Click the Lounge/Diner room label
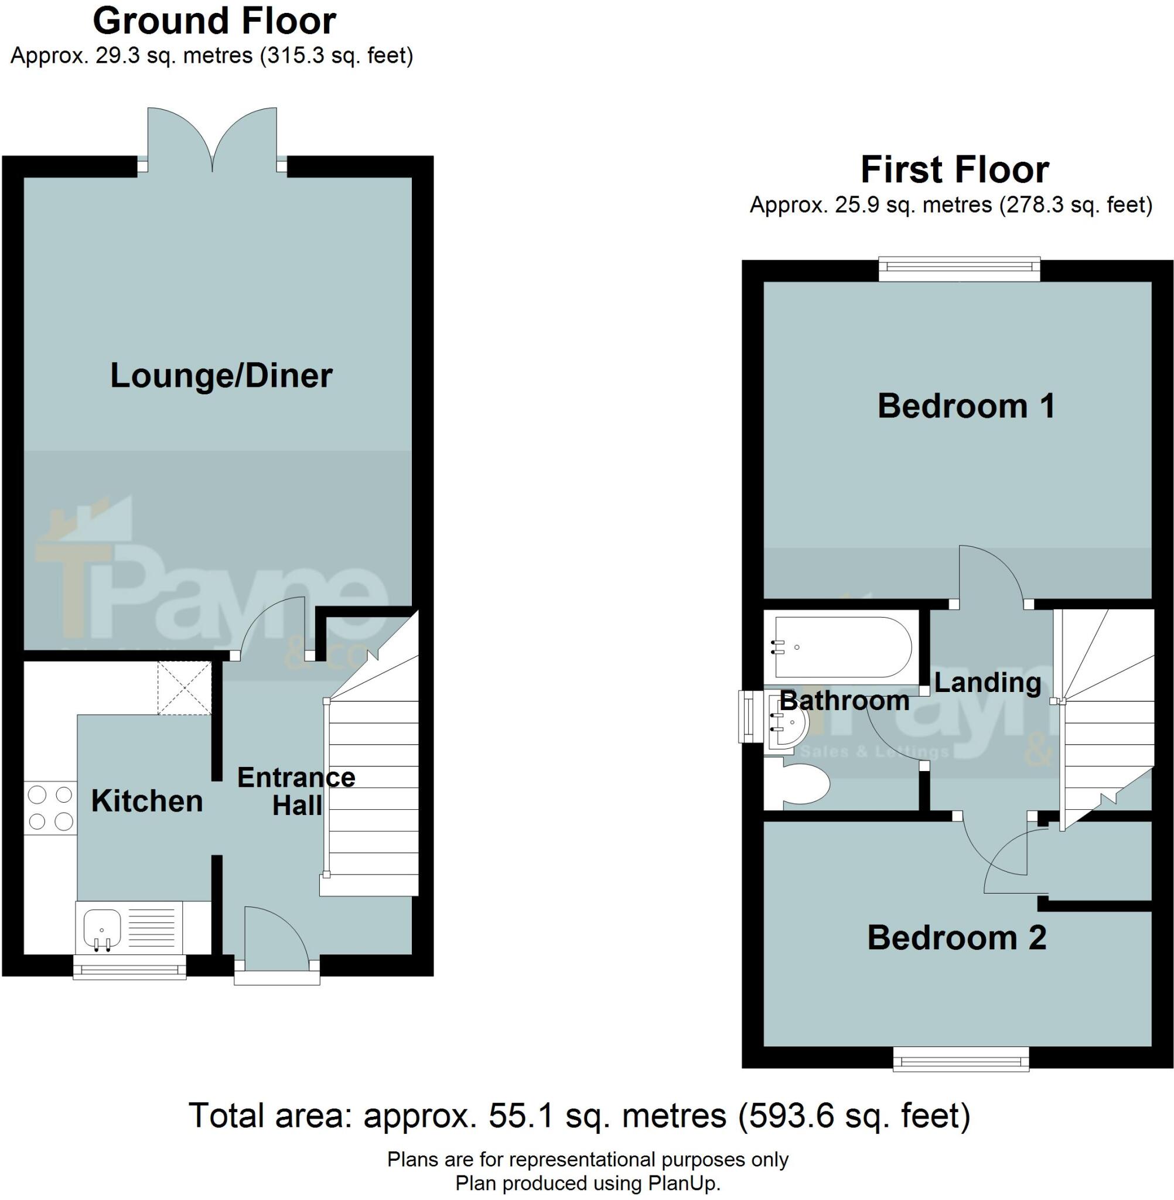pyautogui.click(x=221, y=376)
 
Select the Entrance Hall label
pyautogui.click(x=296, y=791)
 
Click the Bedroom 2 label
pyautogui.click(x=957, y=938)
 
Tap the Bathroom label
pyautogui.click(x=845, y=701)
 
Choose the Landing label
pyautogui.click(x=988, y=683)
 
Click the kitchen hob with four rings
pyautogui.click(x=50, y=809)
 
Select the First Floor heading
pyautogui.click(x=954, y=169)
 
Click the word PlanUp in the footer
pyautogui.click(x=682, y=1183)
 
